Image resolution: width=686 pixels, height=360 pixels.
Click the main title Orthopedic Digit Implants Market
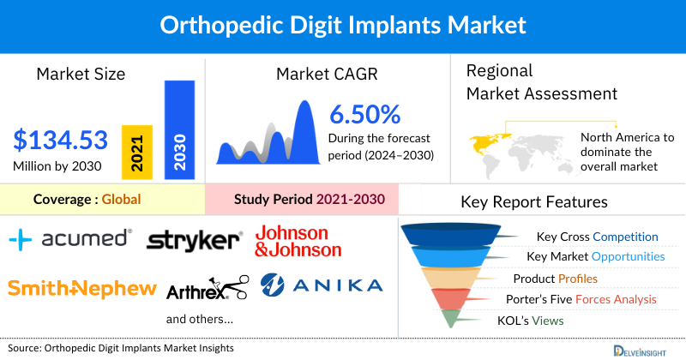[x=342, y=24]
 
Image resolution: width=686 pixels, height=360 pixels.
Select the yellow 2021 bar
[x=137, y=151]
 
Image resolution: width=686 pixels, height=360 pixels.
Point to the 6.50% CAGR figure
[x=365, y=114]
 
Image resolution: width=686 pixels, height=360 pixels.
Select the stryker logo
[x=195, y=241]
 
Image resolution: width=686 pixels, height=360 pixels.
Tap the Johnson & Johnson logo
[x=298, y=241]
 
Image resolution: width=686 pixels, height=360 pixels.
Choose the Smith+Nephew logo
[x=82, y=288]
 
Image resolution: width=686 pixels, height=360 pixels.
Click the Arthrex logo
[x=207, y=290]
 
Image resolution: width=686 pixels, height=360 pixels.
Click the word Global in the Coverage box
[x=121, y=200]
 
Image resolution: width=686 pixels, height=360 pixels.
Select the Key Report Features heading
[x=534, y=202]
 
